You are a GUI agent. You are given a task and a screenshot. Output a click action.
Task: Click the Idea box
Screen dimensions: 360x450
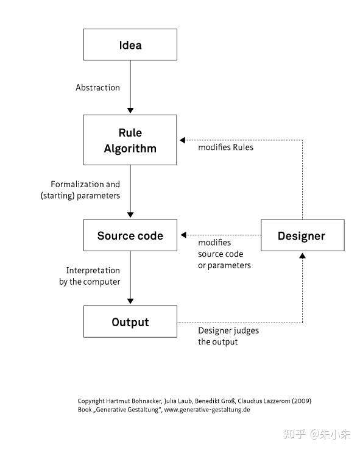(130, 45)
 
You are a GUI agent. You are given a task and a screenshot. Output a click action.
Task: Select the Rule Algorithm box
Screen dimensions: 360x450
(130, 140)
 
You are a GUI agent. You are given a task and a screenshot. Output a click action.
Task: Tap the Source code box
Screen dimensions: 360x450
(130, 235)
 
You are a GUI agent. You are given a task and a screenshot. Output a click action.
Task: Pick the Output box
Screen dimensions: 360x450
(130, 321)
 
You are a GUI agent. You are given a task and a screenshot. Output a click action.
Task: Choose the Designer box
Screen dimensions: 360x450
(303, 235)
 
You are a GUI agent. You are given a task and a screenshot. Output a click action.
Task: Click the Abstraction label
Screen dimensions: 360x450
(97, 88)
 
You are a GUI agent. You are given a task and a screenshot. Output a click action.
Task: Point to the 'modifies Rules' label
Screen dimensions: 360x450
(226, 147)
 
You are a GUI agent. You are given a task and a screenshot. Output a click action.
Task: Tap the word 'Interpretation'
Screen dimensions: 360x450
(93, 270)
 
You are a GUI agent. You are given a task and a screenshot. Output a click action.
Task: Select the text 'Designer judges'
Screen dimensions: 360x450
(228, 330)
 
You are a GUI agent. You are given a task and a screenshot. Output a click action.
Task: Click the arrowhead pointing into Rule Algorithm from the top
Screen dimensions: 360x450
(130, 110)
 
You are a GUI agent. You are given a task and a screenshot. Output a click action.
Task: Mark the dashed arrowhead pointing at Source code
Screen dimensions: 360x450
(184, 235)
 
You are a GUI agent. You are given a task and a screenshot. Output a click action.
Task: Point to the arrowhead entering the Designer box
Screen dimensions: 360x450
(302, 255)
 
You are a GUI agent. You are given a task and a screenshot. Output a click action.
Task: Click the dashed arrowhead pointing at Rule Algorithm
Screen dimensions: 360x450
(183, 140)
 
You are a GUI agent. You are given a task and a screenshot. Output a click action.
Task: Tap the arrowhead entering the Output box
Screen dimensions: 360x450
(130, 301)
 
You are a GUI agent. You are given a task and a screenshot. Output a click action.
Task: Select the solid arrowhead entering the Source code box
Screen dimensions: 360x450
(130, 215)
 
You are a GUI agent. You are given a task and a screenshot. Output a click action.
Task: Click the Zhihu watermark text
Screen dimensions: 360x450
(317, 434)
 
